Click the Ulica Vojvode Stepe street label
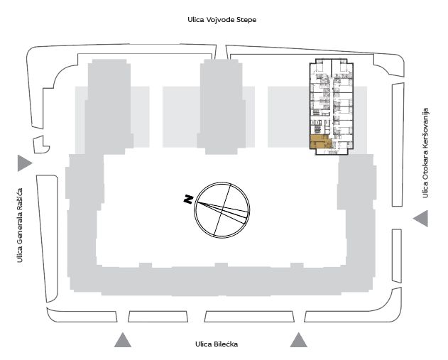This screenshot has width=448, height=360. click(x=222, y=20)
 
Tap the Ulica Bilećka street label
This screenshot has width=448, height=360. click(x=217, y=344)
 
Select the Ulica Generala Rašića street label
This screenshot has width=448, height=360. click(x=19, y=225)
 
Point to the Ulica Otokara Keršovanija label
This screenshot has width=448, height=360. click(x=425, y=153)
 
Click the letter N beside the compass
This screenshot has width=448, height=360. click(x=188, y=199)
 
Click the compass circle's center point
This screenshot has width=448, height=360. click(x=222, y=210)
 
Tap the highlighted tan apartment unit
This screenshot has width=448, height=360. click(x=319, y=142)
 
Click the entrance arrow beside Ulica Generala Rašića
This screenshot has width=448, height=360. click(x=25, y=163)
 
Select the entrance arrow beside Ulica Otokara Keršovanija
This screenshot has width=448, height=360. click(x=421, y=219)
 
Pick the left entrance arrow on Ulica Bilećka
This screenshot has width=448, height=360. click(x=123, y=340)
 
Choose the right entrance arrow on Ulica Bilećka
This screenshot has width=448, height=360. click(x=299, y=340)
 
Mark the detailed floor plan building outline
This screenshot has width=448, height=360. click(x=332, y=107)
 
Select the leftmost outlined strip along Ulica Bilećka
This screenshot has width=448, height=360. click(x=82, y=315)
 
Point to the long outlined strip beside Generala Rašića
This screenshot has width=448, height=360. click(x=48, y=239)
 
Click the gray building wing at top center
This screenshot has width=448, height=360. click(x=222, y=107)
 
